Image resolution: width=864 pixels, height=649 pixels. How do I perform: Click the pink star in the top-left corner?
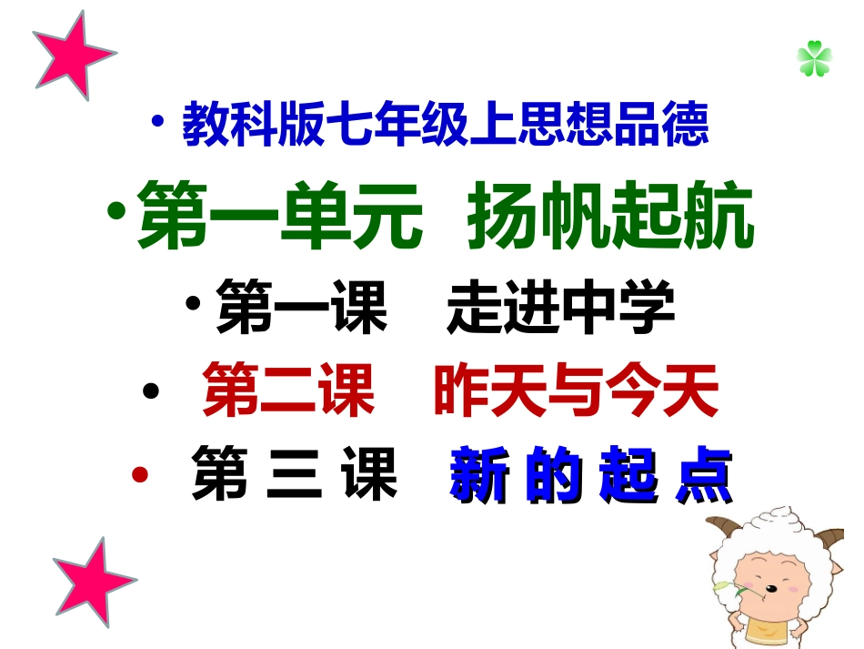coord(71,53)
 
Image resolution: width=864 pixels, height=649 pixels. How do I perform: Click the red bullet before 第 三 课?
coord(139,474)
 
